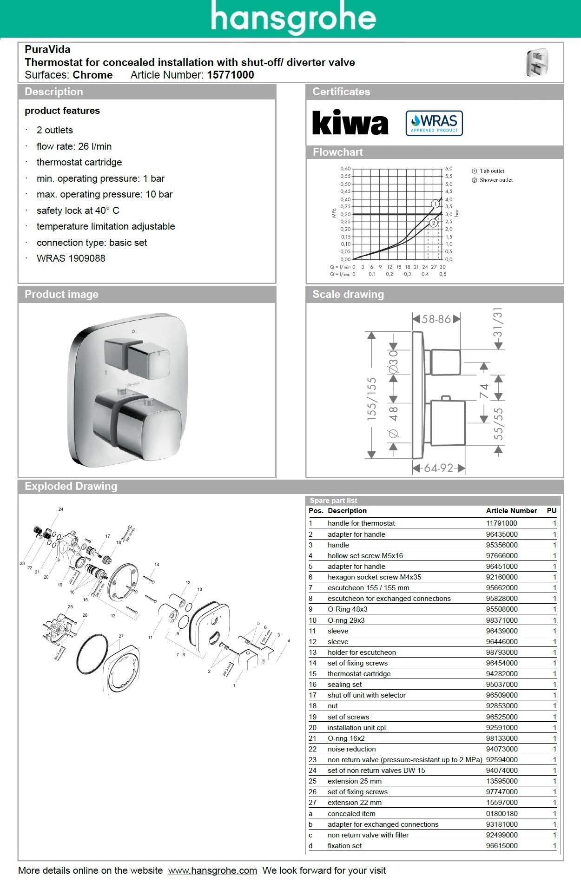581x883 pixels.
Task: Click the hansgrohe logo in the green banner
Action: click(293, 18)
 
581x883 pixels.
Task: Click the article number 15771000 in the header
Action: click(231, 75)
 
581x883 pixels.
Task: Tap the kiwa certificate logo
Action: click(350, 123)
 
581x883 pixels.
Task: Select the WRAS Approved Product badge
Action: click(434, 123)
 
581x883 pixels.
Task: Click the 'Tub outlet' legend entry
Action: click(492, 171)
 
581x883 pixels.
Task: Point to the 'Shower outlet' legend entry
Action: click(496, 180)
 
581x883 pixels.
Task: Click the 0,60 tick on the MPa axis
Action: click(345, 169)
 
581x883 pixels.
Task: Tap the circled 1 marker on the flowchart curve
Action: click(435, 204)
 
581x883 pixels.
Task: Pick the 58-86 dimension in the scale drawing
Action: click(436, 319)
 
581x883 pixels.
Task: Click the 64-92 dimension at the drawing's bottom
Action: click(438, 468)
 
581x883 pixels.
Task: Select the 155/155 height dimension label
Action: click(372, 399)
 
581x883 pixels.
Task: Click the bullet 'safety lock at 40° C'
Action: click(78, 211)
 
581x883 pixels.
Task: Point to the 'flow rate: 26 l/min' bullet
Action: click(74, 146)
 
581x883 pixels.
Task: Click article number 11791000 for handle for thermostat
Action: click(502, 523)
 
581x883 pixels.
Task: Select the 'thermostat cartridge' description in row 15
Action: click(359, 674)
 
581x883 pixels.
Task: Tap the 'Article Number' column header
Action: click(511, 511)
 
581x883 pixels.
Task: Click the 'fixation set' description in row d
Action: click(344, 846)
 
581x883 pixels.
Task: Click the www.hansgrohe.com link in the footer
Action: click(212, 870)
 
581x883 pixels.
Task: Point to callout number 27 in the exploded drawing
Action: click(121, 636)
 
